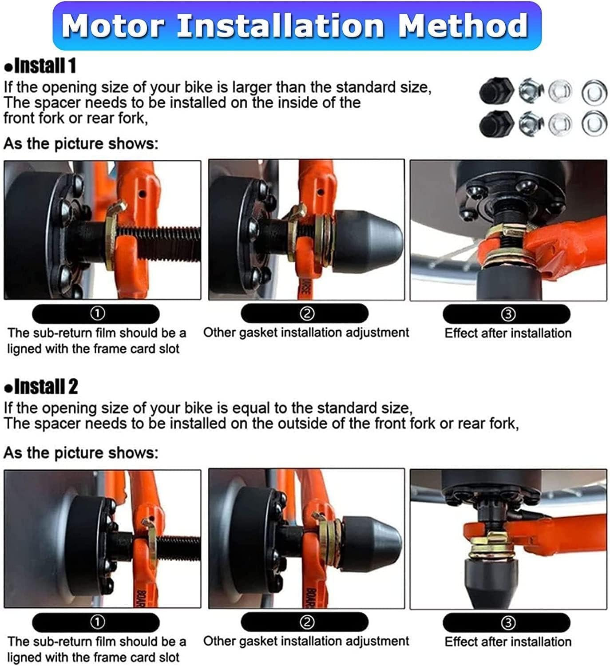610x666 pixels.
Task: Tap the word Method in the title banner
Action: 463,25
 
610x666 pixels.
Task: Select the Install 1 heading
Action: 40,65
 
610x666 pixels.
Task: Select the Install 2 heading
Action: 41,386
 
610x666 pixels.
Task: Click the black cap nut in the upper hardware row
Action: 496,91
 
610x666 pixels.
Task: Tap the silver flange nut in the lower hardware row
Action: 531,123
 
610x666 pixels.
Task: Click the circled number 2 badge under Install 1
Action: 307,313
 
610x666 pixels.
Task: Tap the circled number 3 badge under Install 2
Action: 508,623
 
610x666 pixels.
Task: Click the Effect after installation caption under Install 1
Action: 508,333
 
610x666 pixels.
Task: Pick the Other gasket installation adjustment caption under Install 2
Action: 306,642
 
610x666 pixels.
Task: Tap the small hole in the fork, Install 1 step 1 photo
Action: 142,193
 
